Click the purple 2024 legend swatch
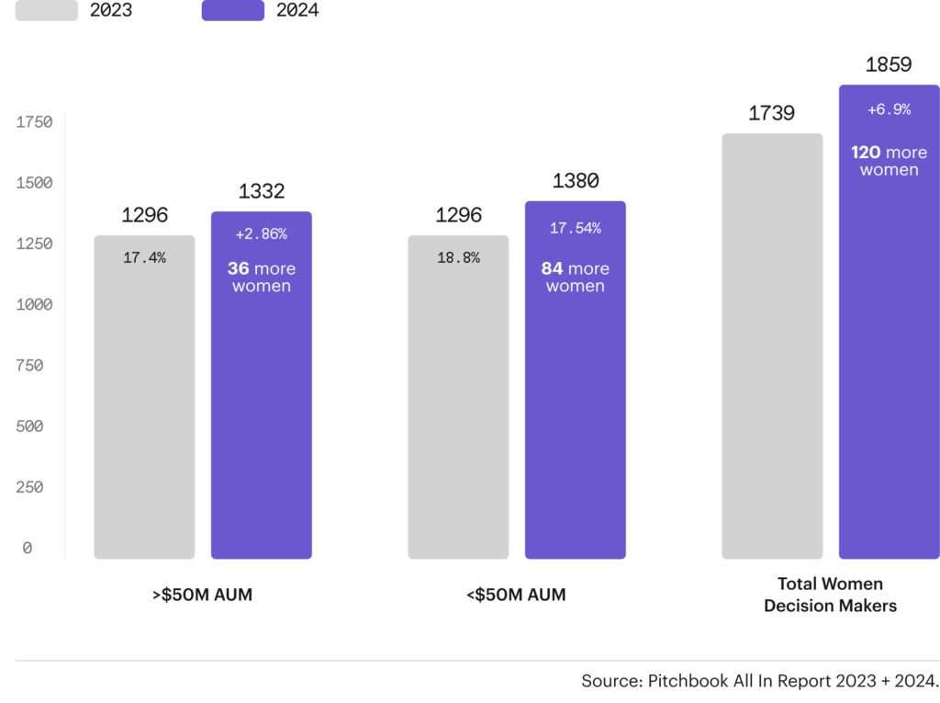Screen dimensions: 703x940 (232, 11)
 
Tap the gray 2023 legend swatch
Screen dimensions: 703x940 (46, 11)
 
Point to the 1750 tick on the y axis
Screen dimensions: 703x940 (34, 122)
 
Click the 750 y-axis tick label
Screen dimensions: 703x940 (29, 366)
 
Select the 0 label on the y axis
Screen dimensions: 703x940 (28, 548)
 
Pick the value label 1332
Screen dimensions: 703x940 (262, 191)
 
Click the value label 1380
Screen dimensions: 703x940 (576, 181)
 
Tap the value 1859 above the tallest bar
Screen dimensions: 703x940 (889, 64)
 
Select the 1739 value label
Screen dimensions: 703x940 (771, 113)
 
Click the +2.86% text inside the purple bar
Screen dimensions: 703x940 (262, 234)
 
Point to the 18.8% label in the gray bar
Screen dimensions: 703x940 (458, 258)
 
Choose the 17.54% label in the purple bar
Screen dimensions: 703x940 (576, 228)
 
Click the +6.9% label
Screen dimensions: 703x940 (889, 109)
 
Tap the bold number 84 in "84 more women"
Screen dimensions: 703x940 (552, 269)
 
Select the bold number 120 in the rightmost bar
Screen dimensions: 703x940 (866, 153)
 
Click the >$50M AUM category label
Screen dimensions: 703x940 (202, 595)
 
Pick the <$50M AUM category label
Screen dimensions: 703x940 (516, 595)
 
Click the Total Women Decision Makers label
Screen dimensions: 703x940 (830, 595)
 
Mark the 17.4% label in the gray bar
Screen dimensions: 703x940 (144, 258)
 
